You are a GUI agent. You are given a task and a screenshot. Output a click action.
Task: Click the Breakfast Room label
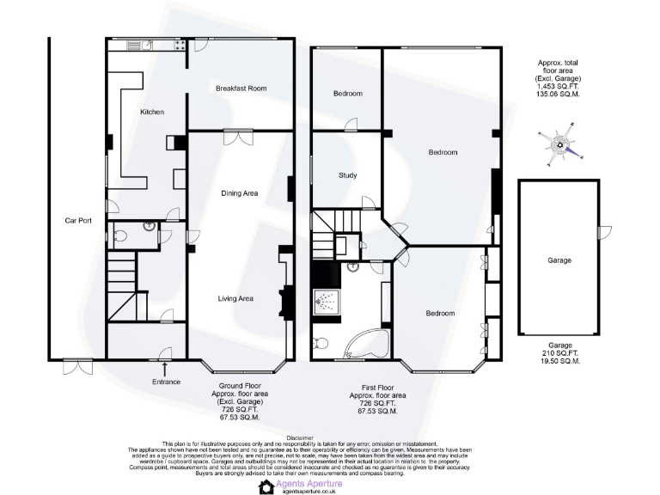pos(241,89)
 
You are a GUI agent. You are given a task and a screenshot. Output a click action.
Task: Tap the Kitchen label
pos(151,112)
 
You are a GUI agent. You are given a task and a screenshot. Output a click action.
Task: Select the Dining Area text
pos(240,193)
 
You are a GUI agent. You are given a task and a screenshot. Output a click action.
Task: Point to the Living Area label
pos(235,298)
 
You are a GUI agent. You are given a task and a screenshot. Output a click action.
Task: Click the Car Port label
pos(78,221)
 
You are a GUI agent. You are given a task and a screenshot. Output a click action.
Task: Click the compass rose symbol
pos(561,145)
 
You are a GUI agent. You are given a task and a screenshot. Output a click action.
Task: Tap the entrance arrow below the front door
pos(164,368)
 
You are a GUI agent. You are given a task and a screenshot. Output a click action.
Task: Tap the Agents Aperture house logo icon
pos(266,486)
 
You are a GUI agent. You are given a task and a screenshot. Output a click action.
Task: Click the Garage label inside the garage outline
pos(559,260)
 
